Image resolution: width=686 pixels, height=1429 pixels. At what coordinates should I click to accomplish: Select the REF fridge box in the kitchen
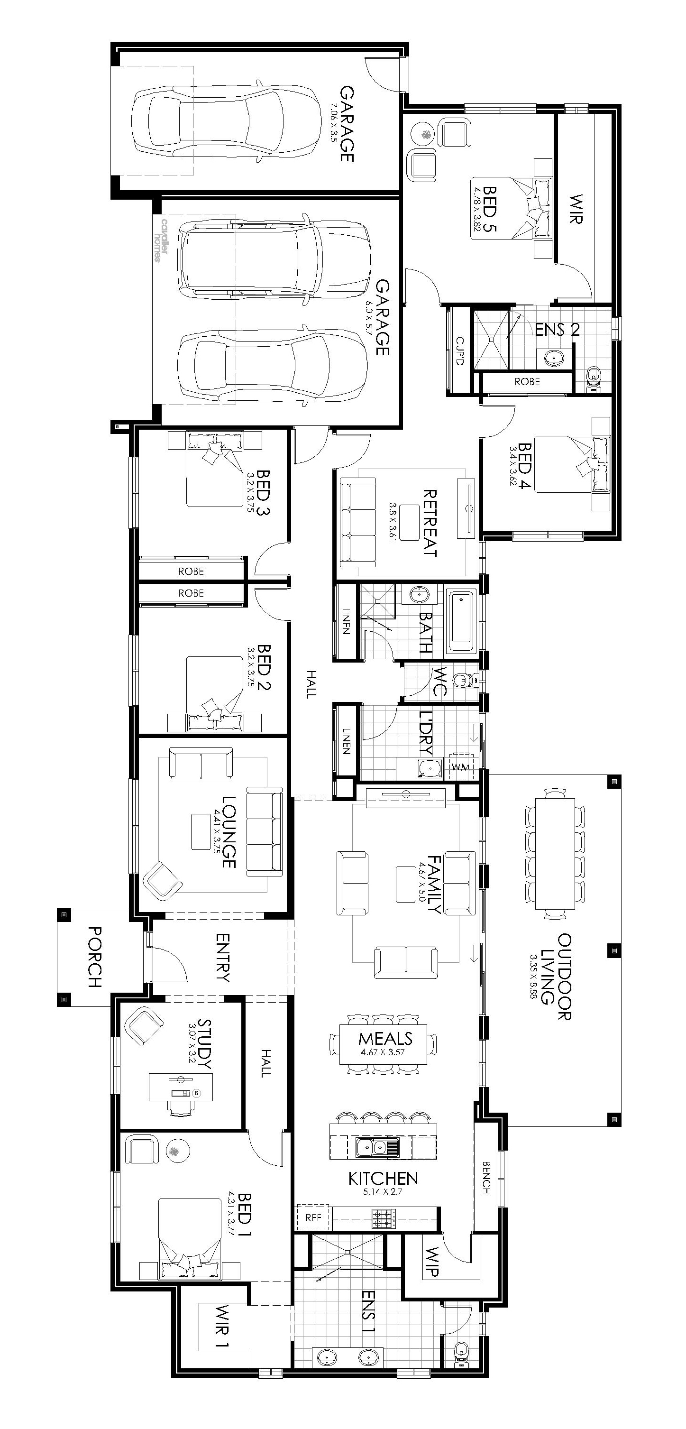point(313,1217)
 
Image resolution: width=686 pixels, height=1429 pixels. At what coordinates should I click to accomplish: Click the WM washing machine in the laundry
point(461,766)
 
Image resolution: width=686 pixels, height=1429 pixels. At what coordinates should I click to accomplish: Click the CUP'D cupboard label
point(459,351)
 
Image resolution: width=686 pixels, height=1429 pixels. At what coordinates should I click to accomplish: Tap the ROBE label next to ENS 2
point(527,382)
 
